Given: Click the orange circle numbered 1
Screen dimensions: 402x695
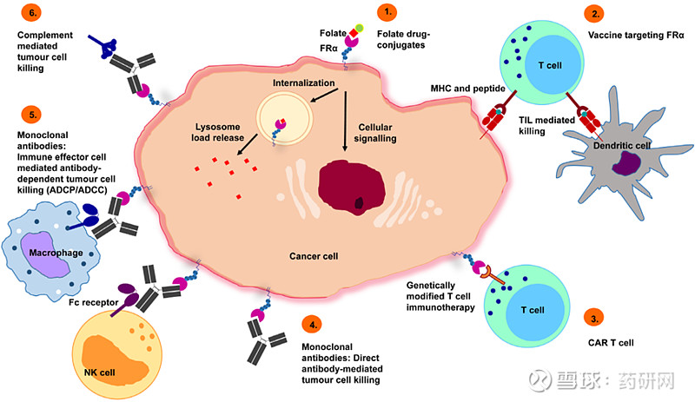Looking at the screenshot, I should (x=387, y=13).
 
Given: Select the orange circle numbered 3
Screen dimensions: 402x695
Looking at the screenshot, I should (x=593, y=318).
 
